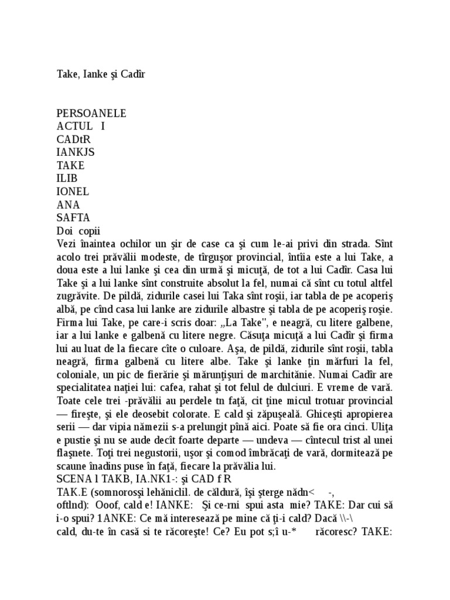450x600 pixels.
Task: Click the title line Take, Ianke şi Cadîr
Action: [100, 74]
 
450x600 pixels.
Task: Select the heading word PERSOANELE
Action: [91, 113]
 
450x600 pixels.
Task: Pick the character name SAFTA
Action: [73, 217]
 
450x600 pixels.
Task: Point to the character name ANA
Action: [68, 204]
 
